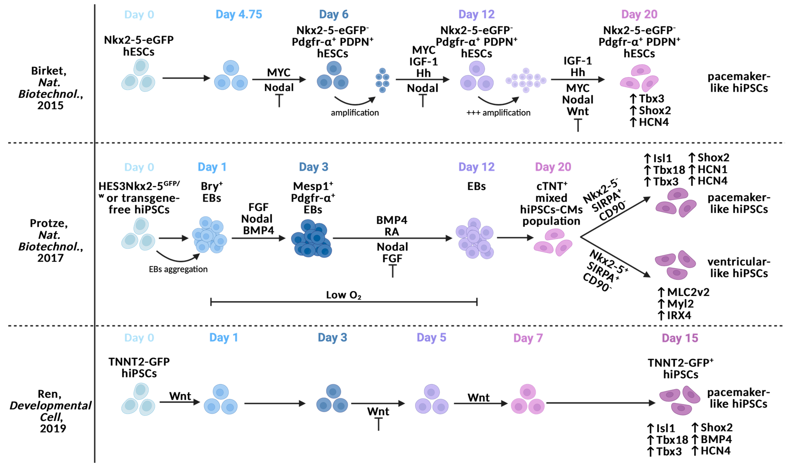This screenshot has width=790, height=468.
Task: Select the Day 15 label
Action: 680,338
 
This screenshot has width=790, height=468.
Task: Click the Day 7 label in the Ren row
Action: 528,338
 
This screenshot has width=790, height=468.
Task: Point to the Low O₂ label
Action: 343,295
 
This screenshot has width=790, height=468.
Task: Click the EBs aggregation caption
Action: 178,269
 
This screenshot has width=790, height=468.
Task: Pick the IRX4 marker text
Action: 679,315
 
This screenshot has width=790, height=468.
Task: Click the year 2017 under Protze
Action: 51,258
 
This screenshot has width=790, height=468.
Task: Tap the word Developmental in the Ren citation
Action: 51,406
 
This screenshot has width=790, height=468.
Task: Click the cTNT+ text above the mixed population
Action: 551,186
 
